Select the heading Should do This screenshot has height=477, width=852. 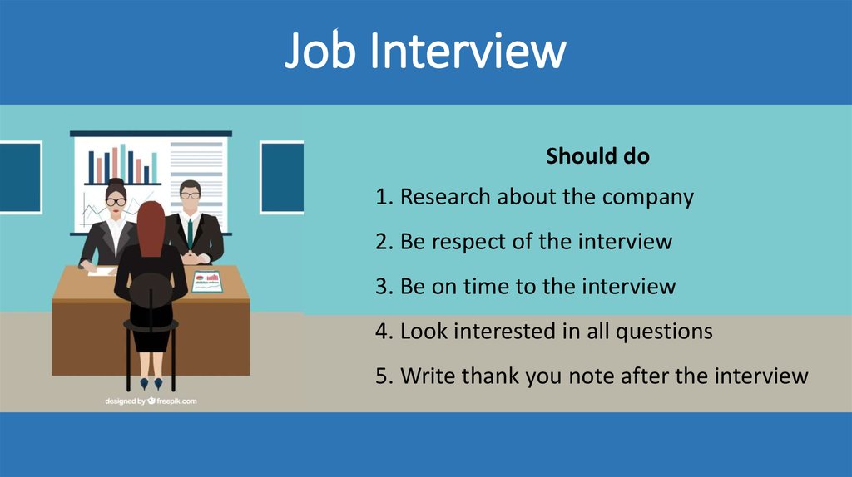coord(597,155)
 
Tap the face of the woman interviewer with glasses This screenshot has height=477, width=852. coord(116,201)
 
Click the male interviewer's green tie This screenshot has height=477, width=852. coord(190,232)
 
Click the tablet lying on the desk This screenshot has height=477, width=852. coord(207,280)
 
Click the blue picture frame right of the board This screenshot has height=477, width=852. coord(281,177)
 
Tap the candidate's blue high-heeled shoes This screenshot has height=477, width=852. coord(151,383)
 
